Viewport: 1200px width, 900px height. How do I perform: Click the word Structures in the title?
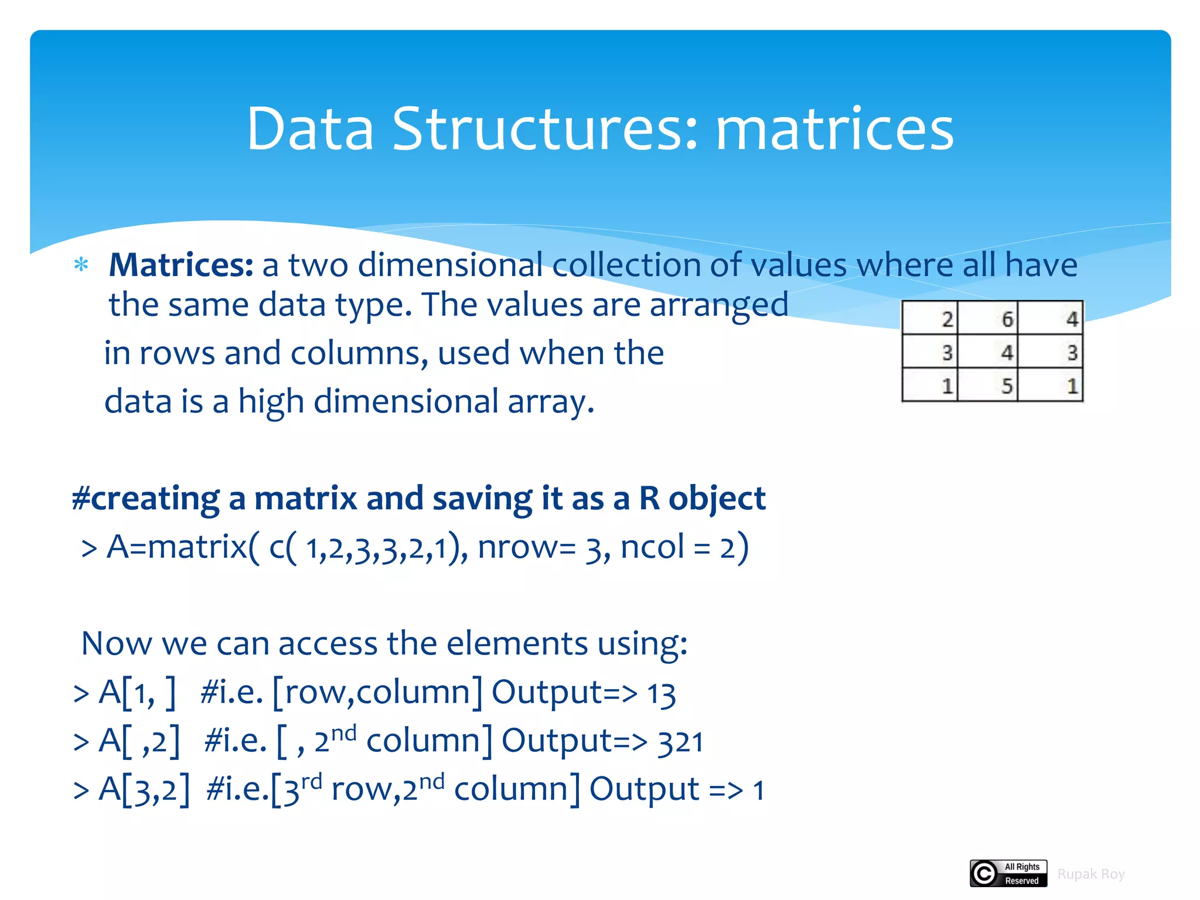(545, 129)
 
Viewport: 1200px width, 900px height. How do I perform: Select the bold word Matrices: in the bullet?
(181, 265)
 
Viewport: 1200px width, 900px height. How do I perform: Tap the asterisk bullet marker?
(81, 265)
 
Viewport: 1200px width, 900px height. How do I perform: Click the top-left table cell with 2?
(930, 319)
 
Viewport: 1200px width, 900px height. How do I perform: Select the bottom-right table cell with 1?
(1051, 386)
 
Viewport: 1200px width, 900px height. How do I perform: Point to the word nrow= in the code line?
(527, 547)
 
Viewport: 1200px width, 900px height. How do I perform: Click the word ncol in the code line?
(652, 547)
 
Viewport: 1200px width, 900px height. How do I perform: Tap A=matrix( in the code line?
(182, 547)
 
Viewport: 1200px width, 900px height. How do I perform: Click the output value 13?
(662, 694)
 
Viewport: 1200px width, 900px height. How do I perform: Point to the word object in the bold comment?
(717, 499)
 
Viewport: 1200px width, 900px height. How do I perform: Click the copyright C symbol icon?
(984, 874)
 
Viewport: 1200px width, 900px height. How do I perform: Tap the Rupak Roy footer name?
(1090, 874)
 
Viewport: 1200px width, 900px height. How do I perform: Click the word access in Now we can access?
(328, 644)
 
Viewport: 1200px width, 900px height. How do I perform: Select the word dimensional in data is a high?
(406, 403)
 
